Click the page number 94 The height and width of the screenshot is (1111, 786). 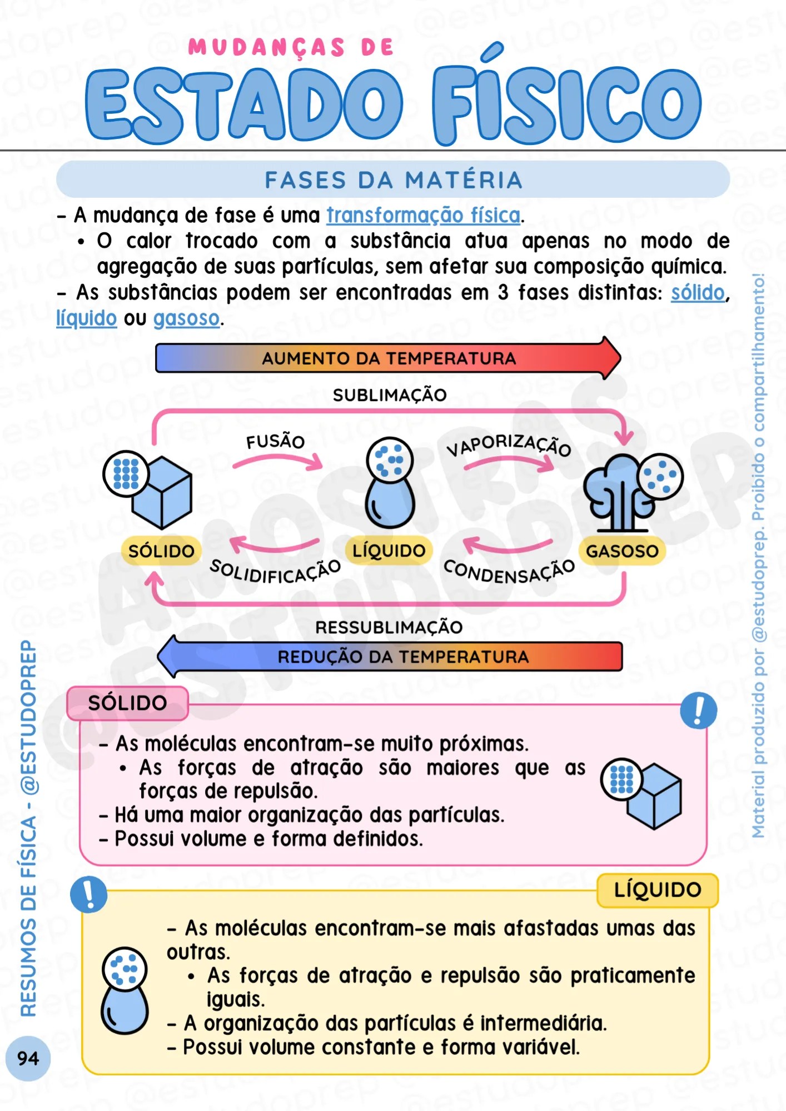pos(28,1058)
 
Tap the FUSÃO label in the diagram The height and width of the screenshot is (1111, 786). pos(276,442)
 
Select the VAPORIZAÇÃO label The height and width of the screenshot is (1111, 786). pos(509,444)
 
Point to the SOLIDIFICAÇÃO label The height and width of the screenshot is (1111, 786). pos(275,571)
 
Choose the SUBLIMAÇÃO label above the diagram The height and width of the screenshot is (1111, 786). pos(390,395)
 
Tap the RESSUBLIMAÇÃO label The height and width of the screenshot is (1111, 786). pos(389,627)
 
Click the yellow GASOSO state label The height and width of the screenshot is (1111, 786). pos(622,551)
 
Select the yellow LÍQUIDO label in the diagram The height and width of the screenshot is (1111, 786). pos(389,551)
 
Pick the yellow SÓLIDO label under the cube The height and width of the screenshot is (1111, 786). pos(161,551)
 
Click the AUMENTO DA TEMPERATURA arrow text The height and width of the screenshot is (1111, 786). pos(389,358)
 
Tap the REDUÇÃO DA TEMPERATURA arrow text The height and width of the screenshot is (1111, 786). pos(403,657)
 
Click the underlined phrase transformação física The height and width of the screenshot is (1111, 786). pos(423,216)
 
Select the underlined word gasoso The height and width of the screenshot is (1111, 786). pos(187,318)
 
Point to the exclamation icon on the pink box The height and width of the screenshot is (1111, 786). pos(698,710)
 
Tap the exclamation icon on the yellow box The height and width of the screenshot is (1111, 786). pos(88,894)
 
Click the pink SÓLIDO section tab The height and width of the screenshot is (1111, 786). pos(127,703)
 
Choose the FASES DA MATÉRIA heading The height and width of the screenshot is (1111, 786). pos(393,180)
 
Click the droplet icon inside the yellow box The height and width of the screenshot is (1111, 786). pos(125,990)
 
